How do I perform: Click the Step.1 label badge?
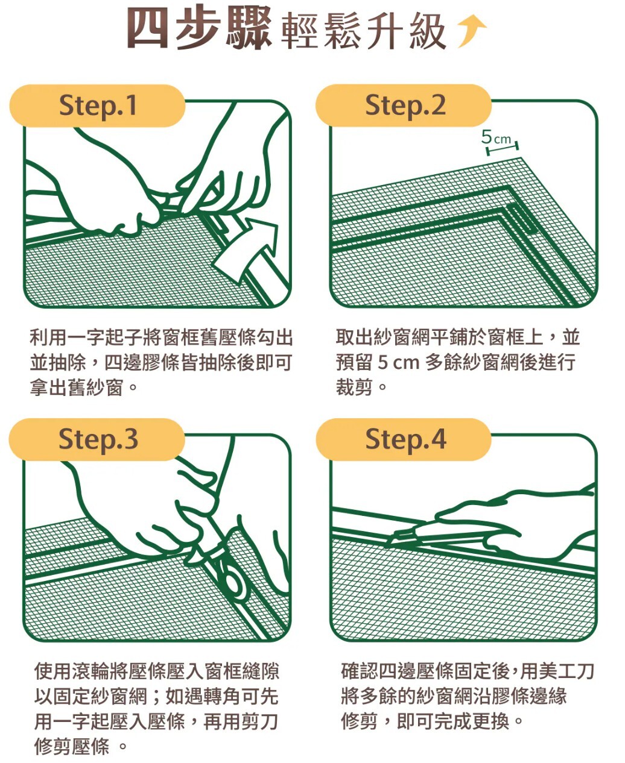[97, 105]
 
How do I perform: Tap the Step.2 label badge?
[404, 105]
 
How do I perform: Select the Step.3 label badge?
[97, 439]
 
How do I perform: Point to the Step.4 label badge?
[404, 439]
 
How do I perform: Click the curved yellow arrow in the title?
[471, 31]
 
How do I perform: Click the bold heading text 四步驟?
[199, 29]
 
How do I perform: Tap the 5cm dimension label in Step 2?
[496, 138]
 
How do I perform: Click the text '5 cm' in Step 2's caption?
[398, 362]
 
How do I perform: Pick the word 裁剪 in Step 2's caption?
[354, 388]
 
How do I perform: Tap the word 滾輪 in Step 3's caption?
[90, 671]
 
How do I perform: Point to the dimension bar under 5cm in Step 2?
[503, 148]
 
